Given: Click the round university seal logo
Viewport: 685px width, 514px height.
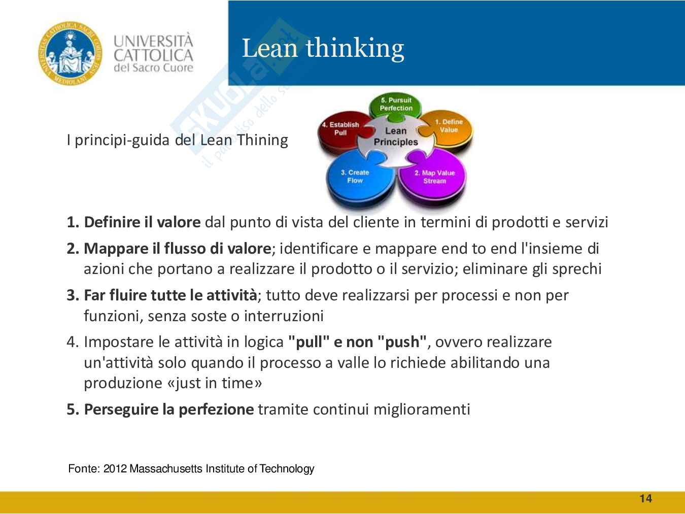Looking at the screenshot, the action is coord(70,53).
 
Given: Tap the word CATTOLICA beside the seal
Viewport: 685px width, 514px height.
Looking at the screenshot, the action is coord(153,55).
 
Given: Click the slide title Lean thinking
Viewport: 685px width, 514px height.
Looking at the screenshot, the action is coord(323,48).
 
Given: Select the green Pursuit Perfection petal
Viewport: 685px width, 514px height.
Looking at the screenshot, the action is coord(396,104).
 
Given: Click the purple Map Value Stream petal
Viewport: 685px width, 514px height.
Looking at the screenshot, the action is coord(434,177).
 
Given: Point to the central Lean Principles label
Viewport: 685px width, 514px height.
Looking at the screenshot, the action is coord(396,136).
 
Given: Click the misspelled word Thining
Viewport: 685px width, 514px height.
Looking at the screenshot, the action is coord(262,140).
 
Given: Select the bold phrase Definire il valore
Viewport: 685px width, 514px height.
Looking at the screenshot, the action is coord(142,222).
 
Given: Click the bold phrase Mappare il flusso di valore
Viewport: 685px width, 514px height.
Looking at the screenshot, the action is coord(178,249).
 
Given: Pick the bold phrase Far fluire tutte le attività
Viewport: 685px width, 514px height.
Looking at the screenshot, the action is coord(170,295).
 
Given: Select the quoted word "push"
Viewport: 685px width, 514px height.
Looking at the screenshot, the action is coord(402,342).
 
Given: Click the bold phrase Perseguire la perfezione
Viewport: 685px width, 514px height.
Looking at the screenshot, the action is coord(169,409).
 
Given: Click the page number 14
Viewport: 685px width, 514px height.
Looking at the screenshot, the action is coord(646,498).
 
